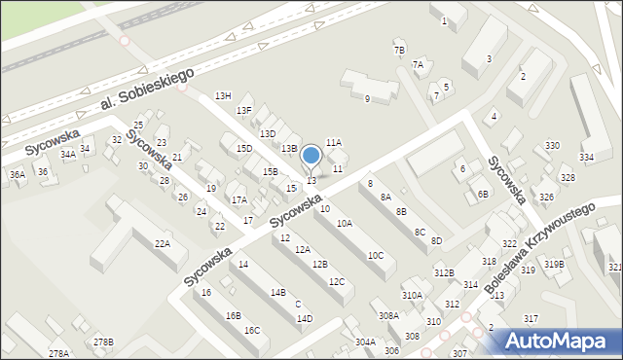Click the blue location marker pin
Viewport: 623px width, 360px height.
311,157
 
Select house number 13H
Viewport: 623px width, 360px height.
223,95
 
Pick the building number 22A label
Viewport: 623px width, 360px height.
163,243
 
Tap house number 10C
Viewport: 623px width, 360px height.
375,255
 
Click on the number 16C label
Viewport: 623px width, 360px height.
251,330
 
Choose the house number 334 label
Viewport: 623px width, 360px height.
587,157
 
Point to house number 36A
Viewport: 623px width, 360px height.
18,174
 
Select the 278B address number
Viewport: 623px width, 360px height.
103,342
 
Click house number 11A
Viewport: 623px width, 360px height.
334,142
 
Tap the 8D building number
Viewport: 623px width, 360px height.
436,240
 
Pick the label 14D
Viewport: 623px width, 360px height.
305,318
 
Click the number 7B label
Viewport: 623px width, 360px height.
399,50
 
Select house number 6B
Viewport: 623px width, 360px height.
483,193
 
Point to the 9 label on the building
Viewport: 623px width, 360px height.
367,98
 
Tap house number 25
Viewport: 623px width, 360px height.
138,126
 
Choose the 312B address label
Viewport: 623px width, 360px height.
444,272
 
